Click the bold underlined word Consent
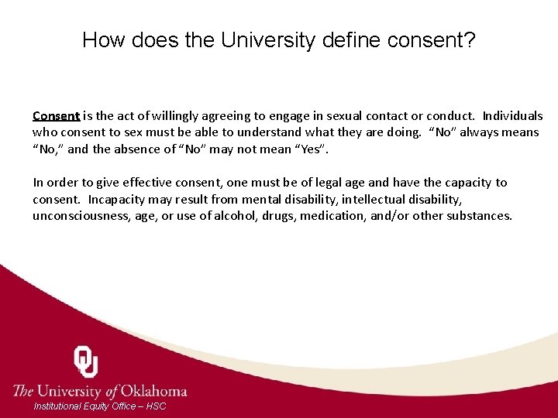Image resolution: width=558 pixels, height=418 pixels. click(56, 116)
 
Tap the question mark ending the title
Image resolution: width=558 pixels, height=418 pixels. click(470, 39)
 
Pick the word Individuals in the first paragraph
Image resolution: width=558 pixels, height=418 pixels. click(512, 116)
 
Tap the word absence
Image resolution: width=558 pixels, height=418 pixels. click(139, 149)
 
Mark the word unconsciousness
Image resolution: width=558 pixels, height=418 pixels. click(80, 215)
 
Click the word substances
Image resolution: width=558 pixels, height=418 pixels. click(477, 215)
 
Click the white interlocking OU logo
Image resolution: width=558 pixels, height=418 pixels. click(86, 361)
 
